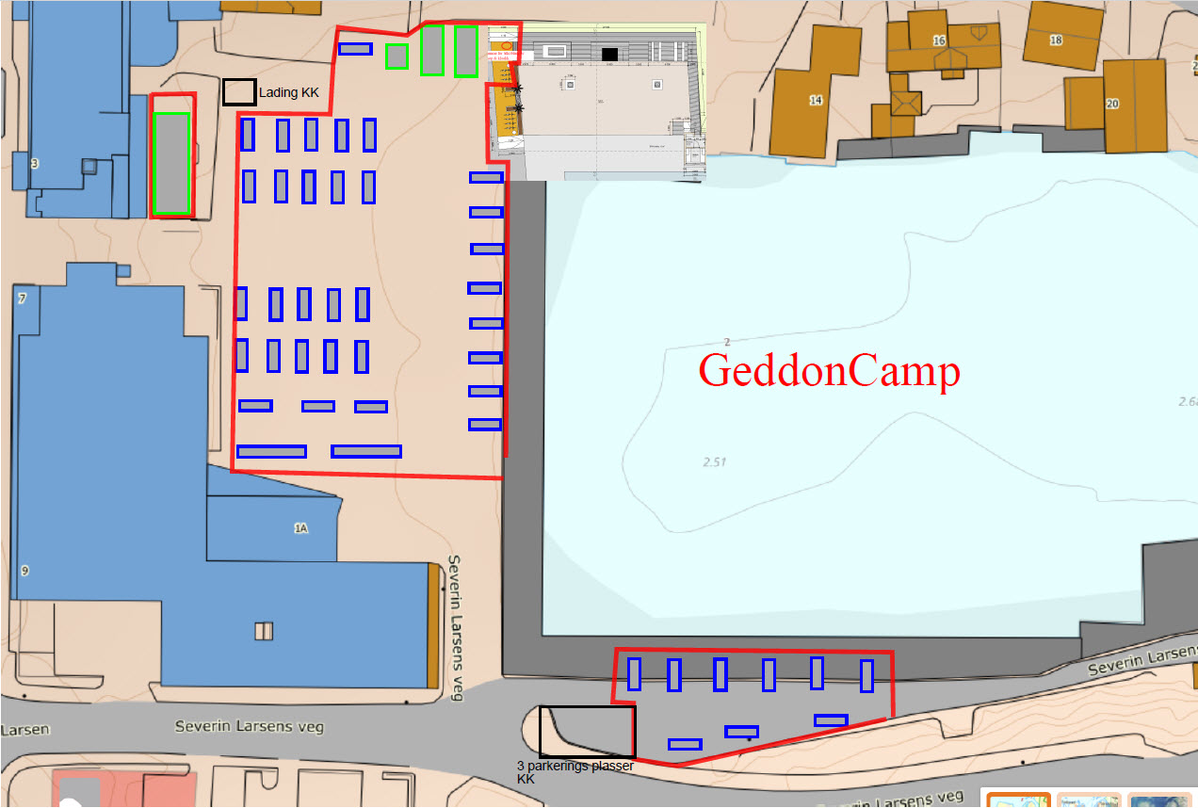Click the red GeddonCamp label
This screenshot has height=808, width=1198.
[x=829, y=371]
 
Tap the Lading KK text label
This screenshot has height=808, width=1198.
[x=289, y=92]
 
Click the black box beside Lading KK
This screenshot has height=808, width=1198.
[x=239, y=91]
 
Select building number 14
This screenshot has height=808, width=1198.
[x=816, y=99]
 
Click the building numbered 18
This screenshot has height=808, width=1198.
[x=1056, y=40]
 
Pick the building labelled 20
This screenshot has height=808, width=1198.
[x=1112, y=104]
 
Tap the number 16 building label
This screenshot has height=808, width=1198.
[x=939, y=40]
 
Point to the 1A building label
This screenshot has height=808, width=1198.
[x=300, y=528]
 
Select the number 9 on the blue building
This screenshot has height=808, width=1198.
[x=24, y=571]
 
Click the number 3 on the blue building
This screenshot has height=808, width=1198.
[x=35, y=163]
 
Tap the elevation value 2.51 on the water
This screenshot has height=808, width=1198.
[x=717, y=461]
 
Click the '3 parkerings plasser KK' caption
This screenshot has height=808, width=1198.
[x=575, y=772]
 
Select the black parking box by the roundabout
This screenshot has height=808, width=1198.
[x=587, y=731]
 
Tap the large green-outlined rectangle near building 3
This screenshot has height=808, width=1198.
[x=171, y=163]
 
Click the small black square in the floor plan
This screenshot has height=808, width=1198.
[x=609, y=55]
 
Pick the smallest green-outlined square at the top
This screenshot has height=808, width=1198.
[x=397, y=57]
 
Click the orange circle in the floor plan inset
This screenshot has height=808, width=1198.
[x=506, y=44]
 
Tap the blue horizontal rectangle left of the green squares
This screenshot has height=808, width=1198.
[x=355, y=48]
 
